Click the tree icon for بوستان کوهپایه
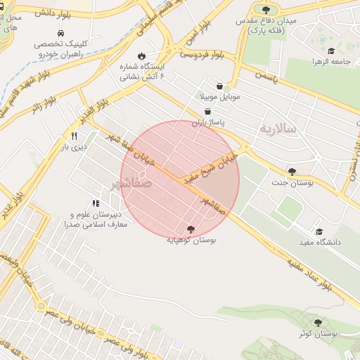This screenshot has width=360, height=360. (x=191, y=229)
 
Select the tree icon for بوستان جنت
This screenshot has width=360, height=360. (x=292, y=172)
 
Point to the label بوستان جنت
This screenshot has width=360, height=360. (x=292, y=183)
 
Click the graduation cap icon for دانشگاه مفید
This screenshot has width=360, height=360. (x=319, y=231)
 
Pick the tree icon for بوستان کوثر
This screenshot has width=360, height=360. (x=319, y=323)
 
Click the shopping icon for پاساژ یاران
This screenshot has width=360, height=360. (x=207, y=112)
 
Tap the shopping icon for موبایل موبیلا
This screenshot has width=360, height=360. (x=220, y=86)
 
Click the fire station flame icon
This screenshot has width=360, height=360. (x=141, y=56)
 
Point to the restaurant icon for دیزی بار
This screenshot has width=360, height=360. (x=74, y=136)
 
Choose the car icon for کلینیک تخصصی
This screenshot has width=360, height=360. (x=61, y=34)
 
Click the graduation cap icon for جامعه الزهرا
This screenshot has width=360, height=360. (x=330, y=51)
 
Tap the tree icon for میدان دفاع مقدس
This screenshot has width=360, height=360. (x=266, y=9)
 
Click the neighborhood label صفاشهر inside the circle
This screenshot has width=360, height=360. (x=131, y=184)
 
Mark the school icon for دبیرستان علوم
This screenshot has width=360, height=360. (x=96, y=204)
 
